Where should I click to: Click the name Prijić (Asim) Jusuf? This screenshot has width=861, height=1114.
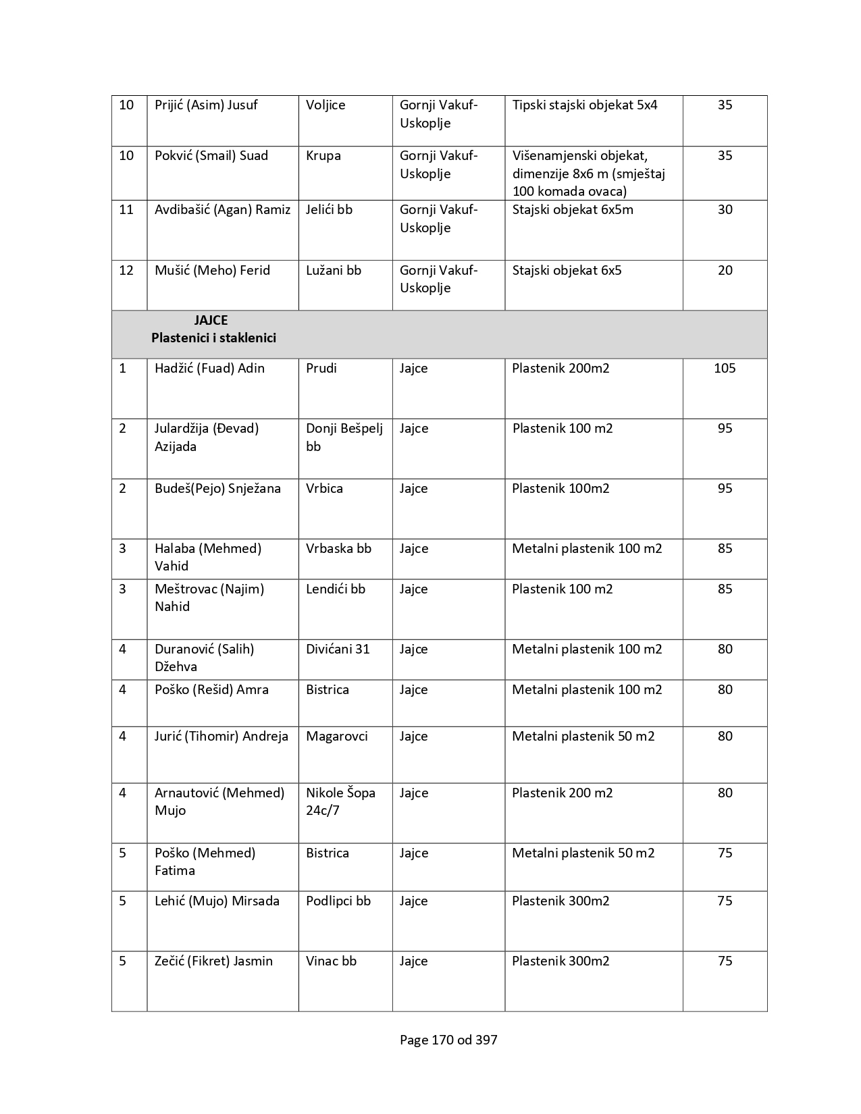pyautogui.click(x=206, y=105)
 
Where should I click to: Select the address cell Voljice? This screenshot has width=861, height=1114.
pyautogui.click(x=325, y=105)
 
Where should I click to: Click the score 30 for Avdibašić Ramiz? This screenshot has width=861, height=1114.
pyautogui.click(x=725, y=210)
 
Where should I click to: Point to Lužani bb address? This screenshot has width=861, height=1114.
pyautogui.click(x=334, y=271)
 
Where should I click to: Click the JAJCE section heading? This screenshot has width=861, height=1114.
pyautogui.click(x=211, y=321)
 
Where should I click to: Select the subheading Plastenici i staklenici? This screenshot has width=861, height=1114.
pyautogui.click(x=213, y=338)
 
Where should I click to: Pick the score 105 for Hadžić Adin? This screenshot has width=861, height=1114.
pyautogui.click(x=725, y=369)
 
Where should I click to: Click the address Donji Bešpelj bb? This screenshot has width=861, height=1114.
pyautogui.click(x=344, y=437)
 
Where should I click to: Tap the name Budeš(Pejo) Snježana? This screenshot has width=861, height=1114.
pyautogui.click(x=217, y=489)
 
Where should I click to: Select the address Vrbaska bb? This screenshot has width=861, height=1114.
pyautogui.click(x=338, y=549)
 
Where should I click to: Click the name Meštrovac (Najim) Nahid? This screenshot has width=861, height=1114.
pyautogui.click(x=209, y=598)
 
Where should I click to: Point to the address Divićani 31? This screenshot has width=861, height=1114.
pyautogui.click(x=338, y=649)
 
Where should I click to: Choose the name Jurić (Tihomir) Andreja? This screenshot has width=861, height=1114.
pyautogui.click(x=221, y=737)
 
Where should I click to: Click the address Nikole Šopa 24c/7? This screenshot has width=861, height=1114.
pyautogui.click(x=340, y=801)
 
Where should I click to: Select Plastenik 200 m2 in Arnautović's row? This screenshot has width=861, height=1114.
pyautogui.click(x=562, y=793)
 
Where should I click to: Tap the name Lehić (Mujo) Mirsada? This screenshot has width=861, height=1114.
pyautogui.click(x=217, y=901)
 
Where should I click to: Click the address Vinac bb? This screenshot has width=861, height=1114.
pyautogui.click(x=331, y=961)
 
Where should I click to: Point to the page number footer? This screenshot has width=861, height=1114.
pyautogui.click(x=448, y=1040)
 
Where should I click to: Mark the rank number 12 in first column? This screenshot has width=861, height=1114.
pyautogui.click(x=126, y=271)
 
